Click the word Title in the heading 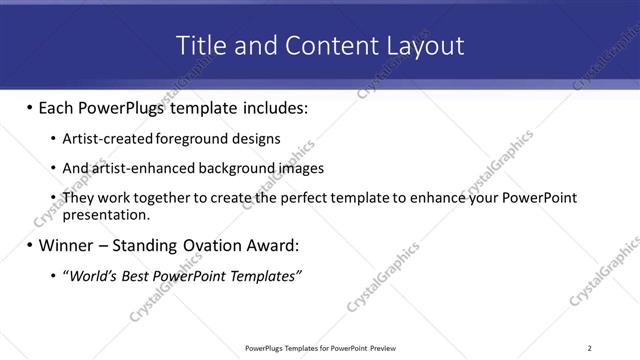pyautogui.click(x=200, y=45)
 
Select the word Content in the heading pyautogui.click(x=321, y=45)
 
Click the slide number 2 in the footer pyautogui.click(x=589, y=348)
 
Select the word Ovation pyautogui.click(x=217, y=245)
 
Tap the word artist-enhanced pyautogui.click(x=134, y=168)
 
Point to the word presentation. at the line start pyautogui.click(x=106, y=214)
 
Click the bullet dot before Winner pyautogui.click(x=28, y=245)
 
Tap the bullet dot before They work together pyautogui.click(x=52, y=198)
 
